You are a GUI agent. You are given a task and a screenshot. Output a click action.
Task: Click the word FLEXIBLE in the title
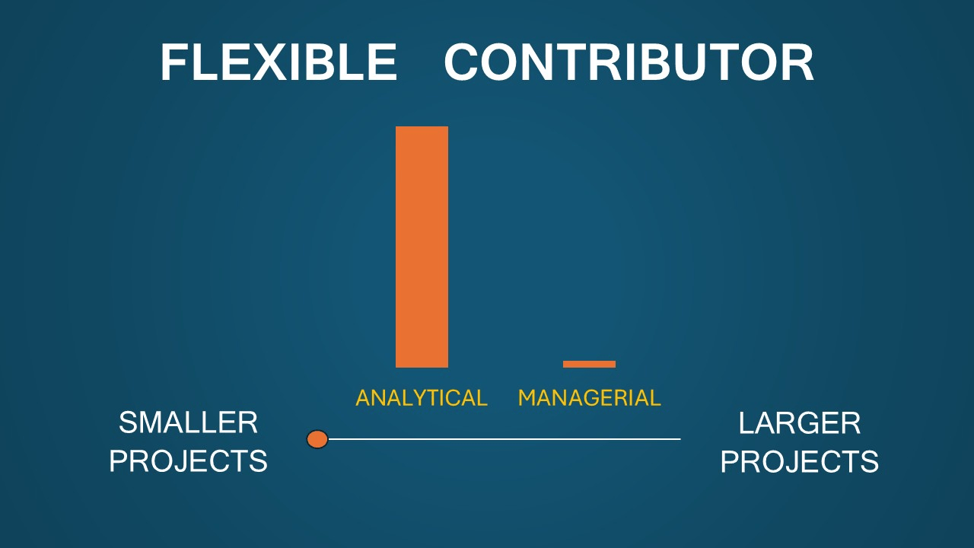[279, 62]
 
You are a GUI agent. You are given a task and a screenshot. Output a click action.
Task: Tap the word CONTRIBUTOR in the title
[629, 62]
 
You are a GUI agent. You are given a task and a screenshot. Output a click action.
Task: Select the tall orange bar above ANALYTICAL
[422, 247]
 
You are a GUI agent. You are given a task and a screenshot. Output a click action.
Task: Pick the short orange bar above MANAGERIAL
[589, 365]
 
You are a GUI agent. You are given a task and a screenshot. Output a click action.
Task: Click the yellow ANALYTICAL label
[422, 398]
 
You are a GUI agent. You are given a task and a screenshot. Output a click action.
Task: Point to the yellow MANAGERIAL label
[590, 398]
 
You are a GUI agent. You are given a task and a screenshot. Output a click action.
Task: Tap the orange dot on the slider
[317, 439]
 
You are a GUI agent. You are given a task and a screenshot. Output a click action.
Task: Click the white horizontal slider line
[505, 439]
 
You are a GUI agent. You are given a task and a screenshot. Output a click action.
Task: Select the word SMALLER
[188, 422]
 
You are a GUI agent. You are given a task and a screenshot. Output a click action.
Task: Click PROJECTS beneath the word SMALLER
[188, 461]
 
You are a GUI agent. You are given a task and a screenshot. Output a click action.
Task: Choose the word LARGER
[800, 422]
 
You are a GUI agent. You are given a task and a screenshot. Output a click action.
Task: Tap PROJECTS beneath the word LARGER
[800, 461]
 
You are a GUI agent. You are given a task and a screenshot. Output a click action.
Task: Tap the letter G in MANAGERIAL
[585, 398]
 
